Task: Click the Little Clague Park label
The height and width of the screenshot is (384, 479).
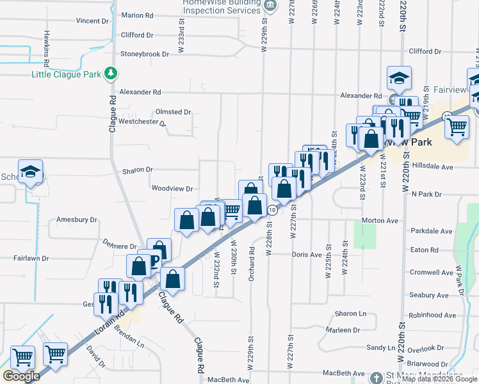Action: click(x=67, y=74)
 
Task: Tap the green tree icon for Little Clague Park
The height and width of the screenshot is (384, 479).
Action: click(x=111, y=74)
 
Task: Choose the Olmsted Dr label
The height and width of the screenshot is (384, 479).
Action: click(x=174, y=112)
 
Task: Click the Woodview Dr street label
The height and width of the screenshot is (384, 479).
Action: click(x=172, y=189)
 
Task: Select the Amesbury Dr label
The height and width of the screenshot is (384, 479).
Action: click(x=77, y=220)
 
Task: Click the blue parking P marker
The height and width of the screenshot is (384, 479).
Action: click(x=154, y=260)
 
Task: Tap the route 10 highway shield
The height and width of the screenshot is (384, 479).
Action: click(x=272, y=210)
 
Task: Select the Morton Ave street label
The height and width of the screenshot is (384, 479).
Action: click(x=380, y=221)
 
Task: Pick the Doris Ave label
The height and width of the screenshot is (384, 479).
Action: click(x=307, y=255)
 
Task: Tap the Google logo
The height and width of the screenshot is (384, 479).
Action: click(x=21, y=376)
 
